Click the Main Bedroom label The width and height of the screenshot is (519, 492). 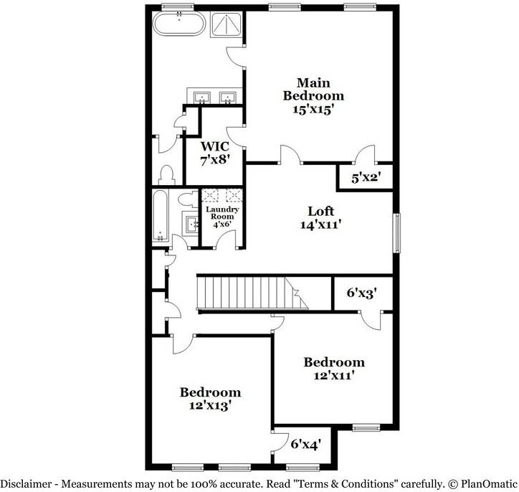coord(313,88)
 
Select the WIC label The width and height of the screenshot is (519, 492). coord(215,146)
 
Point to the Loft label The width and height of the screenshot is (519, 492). coord(320,212)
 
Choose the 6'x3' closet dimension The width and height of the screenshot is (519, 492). coord(362,293)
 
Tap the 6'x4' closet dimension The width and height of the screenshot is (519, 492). coord(305,444)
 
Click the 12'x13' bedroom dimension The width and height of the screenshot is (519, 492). coord(210,405)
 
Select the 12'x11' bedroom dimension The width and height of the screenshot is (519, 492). coord(333,374)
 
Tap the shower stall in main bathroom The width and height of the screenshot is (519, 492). coord(226,27)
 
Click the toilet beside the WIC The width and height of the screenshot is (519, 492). coord(166,174)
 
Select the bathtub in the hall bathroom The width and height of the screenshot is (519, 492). coord(161,216)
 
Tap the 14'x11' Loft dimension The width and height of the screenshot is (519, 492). coord(320,224)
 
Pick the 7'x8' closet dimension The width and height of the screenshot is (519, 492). coord(215,160)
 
